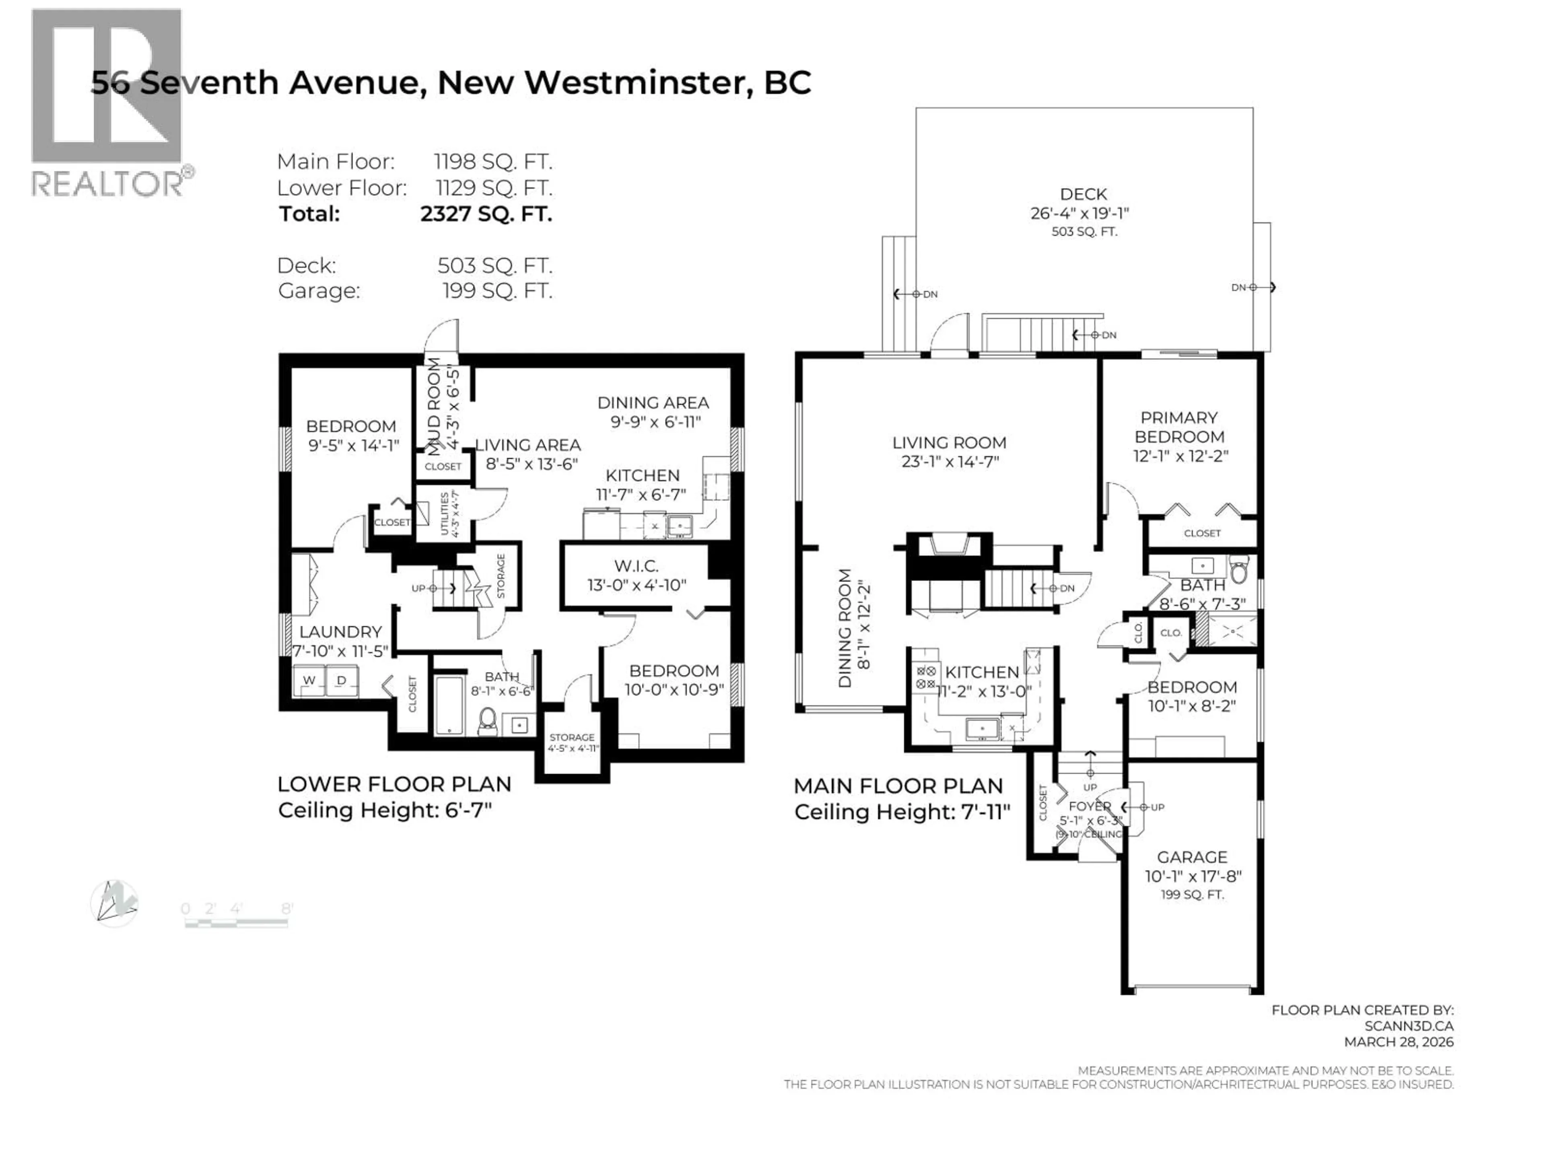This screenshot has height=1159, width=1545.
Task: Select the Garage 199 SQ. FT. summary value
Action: pyautogui.click(x=496, y=291)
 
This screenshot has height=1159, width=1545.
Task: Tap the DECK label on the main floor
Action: pyautogui.click(x=1084, y=194)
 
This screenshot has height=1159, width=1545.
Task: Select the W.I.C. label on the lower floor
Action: pyautogui.click(x=636, y=566)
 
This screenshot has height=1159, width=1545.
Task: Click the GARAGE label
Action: pyautogui.click(x=1192, y=857)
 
